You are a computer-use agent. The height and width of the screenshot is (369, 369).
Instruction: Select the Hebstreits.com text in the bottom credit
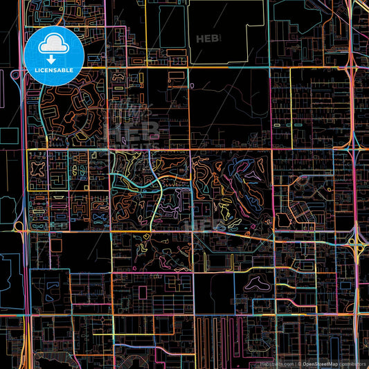(x=275, y=362)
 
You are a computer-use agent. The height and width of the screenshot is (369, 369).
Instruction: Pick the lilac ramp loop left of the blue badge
(x=15, y=74)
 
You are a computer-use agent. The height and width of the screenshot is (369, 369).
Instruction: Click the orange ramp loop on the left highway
(x=19, y=226)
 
